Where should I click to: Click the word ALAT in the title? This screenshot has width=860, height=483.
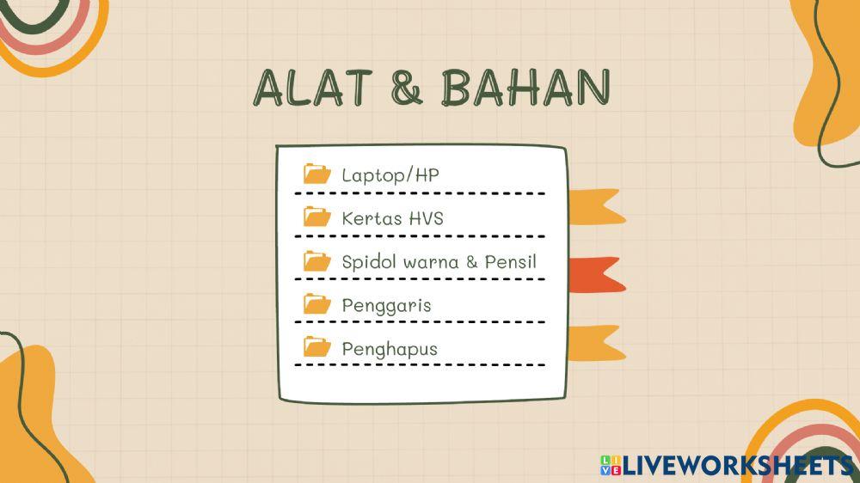(x=313, y=86)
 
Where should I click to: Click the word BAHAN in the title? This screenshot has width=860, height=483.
(x=525, y=86)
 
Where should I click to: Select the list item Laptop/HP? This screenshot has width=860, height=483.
(x=390, y=175)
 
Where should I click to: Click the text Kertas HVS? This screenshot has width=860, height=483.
(x=392, y=218)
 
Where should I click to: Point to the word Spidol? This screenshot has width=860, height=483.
(x=367, y=262)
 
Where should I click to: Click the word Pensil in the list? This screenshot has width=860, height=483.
(x=511, y=261)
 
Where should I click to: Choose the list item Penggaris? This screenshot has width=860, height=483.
(x=386, y=306)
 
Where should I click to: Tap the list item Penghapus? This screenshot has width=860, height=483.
(x=389, y=349)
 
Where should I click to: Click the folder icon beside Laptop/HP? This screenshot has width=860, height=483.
(x=317, y=174)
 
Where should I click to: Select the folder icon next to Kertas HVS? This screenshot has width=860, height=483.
(x=317, y=217)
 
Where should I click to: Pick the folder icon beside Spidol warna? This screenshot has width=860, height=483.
(x=317, y=260)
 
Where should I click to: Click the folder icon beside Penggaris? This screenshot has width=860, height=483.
(x=317, y=303)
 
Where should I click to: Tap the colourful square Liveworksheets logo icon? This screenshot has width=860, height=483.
(x=610, y=465)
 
